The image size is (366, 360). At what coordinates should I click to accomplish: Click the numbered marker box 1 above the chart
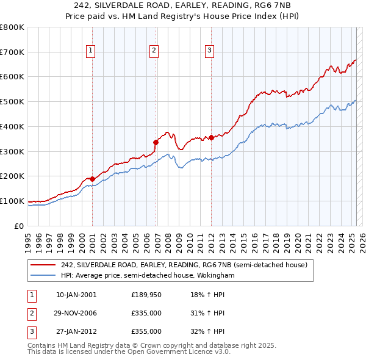90,51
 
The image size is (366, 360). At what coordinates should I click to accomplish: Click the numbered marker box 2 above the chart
154,51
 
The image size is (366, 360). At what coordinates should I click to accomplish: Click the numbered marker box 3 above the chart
209,51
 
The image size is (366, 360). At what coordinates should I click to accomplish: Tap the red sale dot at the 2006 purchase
156,142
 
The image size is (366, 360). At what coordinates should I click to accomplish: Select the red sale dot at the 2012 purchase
211,137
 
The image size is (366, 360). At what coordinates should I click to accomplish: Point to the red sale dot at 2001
92,178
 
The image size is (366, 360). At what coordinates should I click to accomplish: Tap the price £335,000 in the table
146,313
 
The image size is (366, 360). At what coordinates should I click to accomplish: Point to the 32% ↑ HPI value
212,331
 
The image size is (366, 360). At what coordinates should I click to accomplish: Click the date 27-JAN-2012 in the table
76,331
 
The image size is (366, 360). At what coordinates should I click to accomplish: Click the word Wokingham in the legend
215,275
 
